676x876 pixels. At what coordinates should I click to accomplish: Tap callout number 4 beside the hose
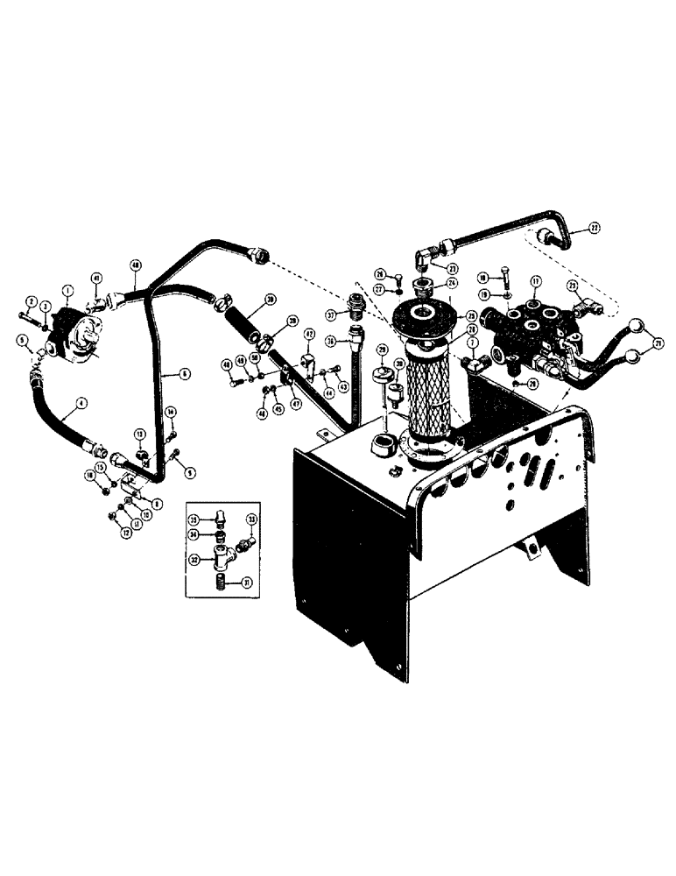click(x=81, y=404)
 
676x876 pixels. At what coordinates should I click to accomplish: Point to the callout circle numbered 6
click(x=185, y=373)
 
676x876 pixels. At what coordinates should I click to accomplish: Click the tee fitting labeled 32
click(x=230, y=554)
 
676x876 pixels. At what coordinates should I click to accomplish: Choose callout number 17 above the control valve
click(x=535, y=281)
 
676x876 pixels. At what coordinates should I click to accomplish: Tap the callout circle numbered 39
click(x=271, y=300)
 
